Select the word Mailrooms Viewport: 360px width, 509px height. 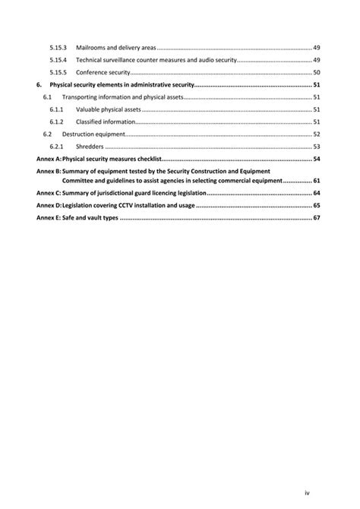pos(91,47)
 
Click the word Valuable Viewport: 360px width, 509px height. pos(88,109)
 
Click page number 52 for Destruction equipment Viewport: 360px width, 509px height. pos(316,134)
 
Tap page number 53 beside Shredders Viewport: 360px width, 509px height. pos(316,147)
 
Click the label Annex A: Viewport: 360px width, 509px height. pos(48,159)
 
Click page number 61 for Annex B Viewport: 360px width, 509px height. pos(316,181)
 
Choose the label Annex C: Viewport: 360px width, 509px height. pos(48,194)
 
